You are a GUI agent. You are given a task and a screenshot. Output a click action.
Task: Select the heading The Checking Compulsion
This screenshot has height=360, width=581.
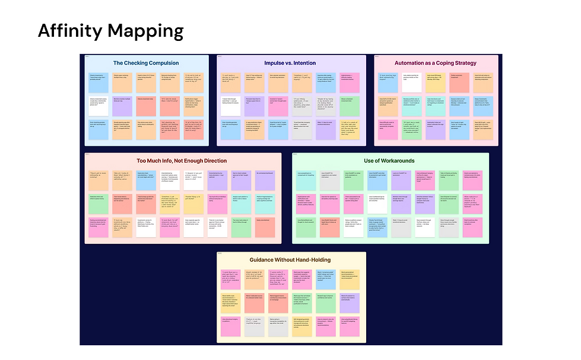coord(147,63)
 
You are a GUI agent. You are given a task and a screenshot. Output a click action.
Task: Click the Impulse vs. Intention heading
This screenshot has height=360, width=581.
coord(291,63)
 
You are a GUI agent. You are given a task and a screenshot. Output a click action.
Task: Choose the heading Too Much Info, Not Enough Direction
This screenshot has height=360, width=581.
coord(182,161)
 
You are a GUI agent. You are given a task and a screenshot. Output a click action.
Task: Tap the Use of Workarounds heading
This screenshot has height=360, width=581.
coord(389,161)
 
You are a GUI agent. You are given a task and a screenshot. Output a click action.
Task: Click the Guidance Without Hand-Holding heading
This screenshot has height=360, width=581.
coord(291,260)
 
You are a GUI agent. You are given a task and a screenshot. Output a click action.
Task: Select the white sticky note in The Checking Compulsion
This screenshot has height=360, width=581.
coord(99,106)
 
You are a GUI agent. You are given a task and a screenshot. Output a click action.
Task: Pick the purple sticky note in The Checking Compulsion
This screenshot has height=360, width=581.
coord(122,106)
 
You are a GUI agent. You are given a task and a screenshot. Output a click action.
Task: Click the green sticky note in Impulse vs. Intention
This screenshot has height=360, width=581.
coord(350,106)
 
